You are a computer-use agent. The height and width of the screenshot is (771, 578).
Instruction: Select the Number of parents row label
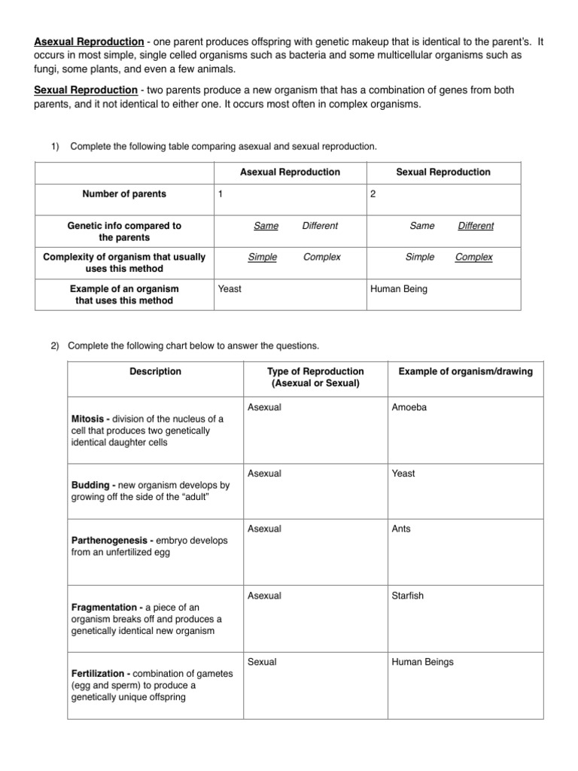(x=124, y=194)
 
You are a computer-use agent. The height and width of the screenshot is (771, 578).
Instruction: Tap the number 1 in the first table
(x=221, y=194)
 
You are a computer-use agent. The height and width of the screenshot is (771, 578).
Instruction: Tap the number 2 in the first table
(x=373, y=194)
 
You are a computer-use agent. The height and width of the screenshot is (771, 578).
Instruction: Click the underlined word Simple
(x=262, y=257)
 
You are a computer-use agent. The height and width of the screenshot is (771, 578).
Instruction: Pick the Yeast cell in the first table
(x=230, y=289)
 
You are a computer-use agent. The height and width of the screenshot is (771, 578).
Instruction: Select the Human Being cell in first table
(x=398, y=289)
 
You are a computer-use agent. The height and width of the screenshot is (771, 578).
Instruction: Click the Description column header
(x=155, y=371)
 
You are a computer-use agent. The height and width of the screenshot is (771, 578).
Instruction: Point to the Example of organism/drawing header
(x=465, y=371)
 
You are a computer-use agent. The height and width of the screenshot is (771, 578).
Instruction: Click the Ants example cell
(x=401, y=529)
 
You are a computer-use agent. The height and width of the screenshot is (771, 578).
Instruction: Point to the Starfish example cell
(x=408, y=596)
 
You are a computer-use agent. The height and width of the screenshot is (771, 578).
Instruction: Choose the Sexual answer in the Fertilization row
(x=262, y=662)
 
